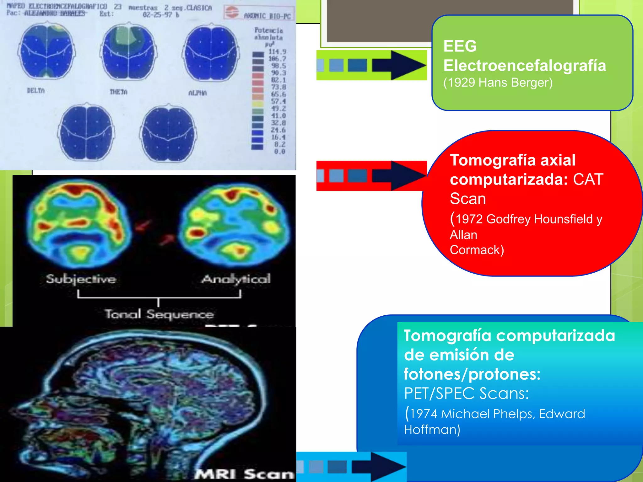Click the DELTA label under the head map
pyautogui.click(x=36, y=91)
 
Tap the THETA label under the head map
pyautogui.click(x=118, y=92)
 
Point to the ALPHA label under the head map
pyautogui.click(x=197, y=93)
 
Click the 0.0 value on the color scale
pyautogui.click(x=279, y=152)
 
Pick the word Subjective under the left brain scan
pyautogui.click(x=81, y=279)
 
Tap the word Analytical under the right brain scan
pyautogui.click(x=236, y=279)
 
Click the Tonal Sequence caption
pyautogui.click(x=159, y=314)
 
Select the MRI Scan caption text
pyautogui.click(x=244, y=474)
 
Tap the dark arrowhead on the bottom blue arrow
pyautogui.click(x=388, y=467)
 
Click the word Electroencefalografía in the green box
pyautogui.click(x=524, y=66)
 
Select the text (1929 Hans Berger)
pyautogui.click(x=498, y=83)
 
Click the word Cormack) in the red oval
pyautogui.click(x=477, y=250)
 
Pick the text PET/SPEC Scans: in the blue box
pyautogui.click(x=466, y=393)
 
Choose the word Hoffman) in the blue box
pyautogui.click(x=432, y=430)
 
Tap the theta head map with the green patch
pyautogui.click(x=128, y=52)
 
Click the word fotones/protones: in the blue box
pyautogui.click(x=472, y=374)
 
